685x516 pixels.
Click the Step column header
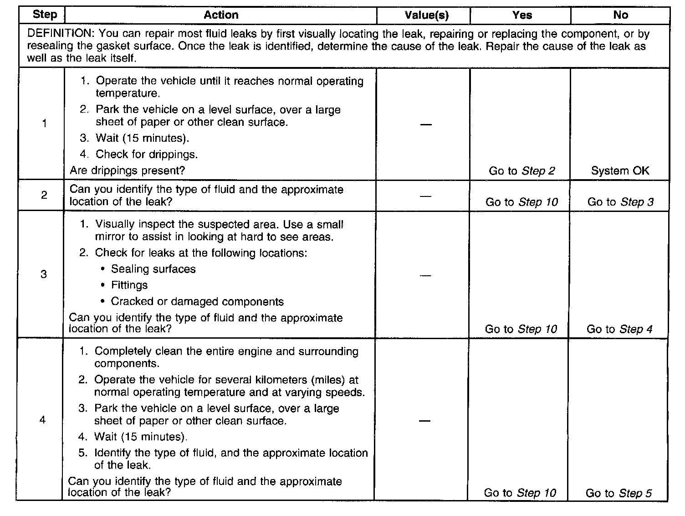click(45, 15)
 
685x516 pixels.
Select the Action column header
click(221, 15)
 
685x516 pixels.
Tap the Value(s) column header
click(426, 15)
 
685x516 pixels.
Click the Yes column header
click(521, 15)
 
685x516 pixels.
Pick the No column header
click(620, 15)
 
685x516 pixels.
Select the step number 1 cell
click(44, 124)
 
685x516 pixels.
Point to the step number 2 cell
click(44, 196)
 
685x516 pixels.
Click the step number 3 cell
click(44, 274)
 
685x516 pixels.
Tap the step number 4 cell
click(43, 420)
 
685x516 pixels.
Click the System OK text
click(620, 171)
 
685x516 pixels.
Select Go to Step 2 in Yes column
click(521, 171)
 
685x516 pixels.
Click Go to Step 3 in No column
click(620, 202)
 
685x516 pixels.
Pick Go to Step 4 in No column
click(619, 329)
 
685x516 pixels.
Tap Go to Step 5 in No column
click(619, 493)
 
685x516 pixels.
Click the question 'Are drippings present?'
click(128, 170)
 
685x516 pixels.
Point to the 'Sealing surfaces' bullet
click(153, 269)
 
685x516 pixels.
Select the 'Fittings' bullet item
click(129, 285)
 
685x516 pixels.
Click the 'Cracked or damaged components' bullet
click(197, 302)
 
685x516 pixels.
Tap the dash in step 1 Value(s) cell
click(425, 124)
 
